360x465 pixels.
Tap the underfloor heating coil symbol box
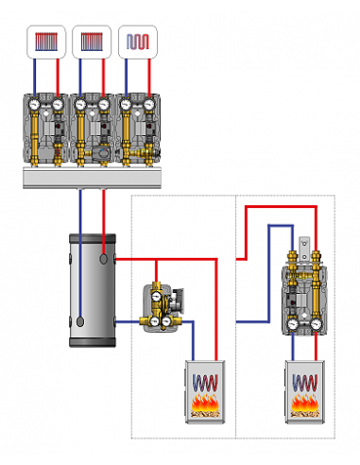point(138,43)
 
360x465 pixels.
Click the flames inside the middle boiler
point(205,407)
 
